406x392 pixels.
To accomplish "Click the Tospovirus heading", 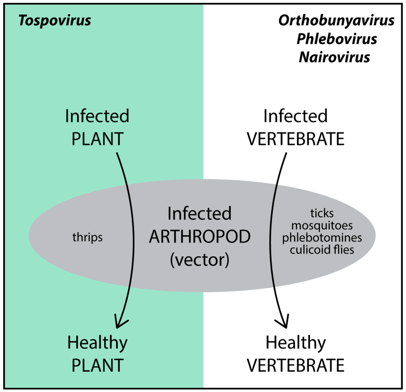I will (x=55, y=21).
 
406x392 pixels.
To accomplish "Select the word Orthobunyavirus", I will (x=336, y=21).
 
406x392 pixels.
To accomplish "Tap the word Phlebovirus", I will (x=336, y=39).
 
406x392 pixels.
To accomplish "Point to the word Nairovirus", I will (x=334, y=57).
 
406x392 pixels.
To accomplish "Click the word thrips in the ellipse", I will (x=88, y=238).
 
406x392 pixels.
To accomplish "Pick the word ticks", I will (x=322, y=213).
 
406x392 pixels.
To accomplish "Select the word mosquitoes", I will (x=322, y=226).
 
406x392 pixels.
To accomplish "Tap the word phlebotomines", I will (x=322, y=238).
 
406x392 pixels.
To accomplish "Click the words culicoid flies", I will (x=322, y=250).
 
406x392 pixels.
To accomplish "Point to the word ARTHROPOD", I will (x=199, y=237).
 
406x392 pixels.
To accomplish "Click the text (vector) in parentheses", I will (x=199, y=260).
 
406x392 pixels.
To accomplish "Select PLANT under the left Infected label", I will (x=98, y=140).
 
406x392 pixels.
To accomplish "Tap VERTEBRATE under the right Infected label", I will (x=296, y=140).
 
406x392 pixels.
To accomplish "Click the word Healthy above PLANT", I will (x=98, y=343).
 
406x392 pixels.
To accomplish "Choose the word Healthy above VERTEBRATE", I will (x=296, y=343).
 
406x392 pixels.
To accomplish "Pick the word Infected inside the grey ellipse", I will (x=199, y=214).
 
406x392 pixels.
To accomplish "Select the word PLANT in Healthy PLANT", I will (x=98, y=365).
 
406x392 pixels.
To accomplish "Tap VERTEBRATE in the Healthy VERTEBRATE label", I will (x=296, y=365).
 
